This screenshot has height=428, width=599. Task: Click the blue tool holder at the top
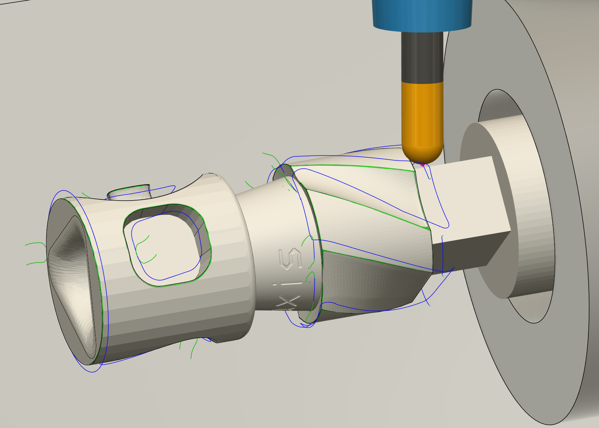[422, 14]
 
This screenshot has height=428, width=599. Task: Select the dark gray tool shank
[422, 56]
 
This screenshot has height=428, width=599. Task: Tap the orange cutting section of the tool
[422, 115]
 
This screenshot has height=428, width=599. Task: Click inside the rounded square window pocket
[167, 246]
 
